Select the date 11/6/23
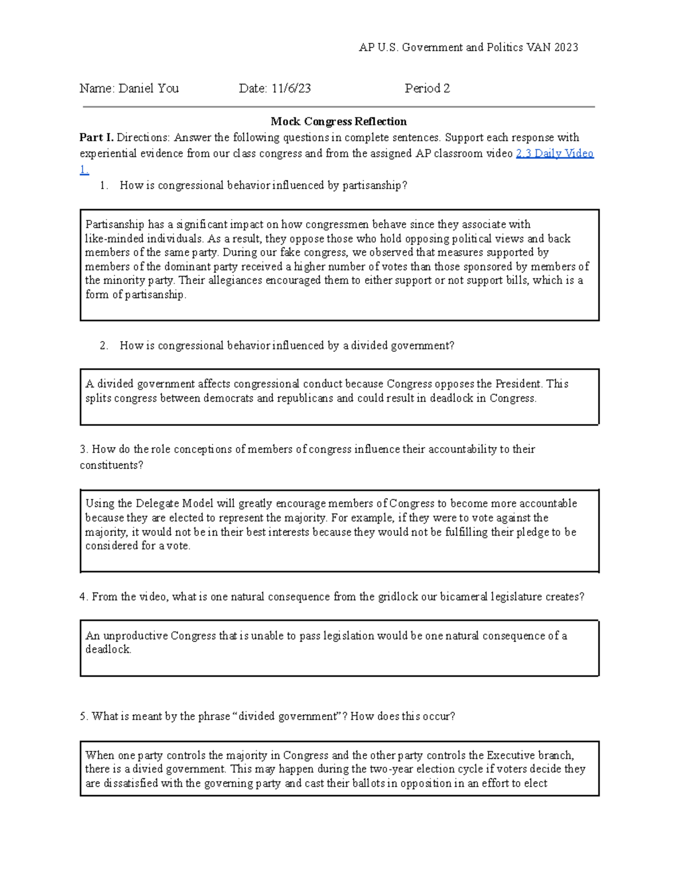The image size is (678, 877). tap(291, 88)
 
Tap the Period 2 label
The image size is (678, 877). tap(427, 88)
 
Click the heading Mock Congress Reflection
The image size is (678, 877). tap(338, 121)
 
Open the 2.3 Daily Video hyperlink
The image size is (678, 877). tap(554, 153)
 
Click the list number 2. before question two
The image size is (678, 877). tap(103, 346)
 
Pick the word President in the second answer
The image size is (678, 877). tap(518, 384)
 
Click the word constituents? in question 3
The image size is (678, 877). tap(111, 465)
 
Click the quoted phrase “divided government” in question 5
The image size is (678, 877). tap(289, 717)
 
